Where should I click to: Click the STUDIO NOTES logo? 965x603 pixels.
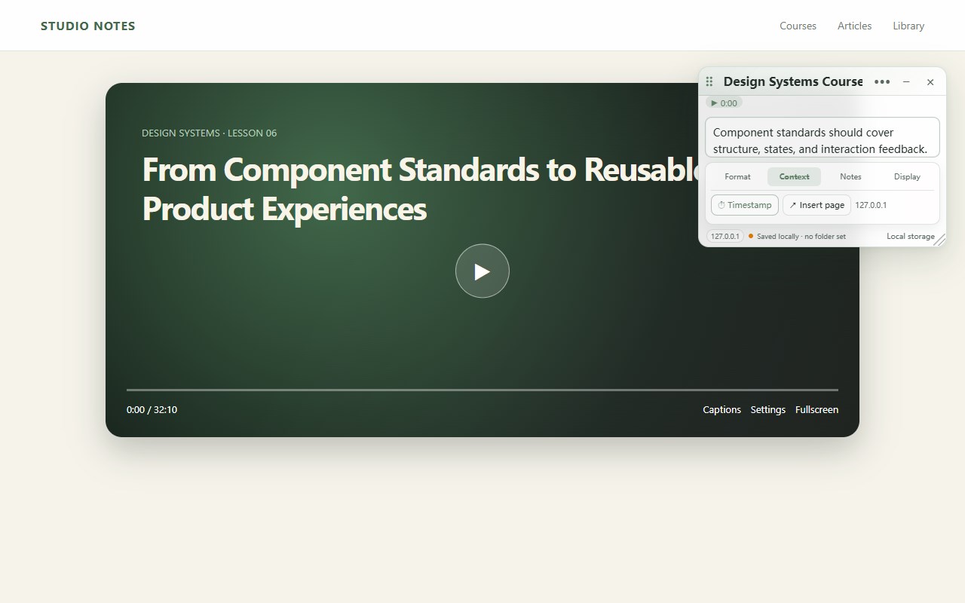[88, 26]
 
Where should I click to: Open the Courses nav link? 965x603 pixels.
[798, 26]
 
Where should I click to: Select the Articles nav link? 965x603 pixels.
[854, 26]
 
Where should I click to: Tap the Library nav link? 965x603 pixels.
[908, 26]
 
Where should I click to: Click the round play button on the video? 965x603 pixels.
[482, 271]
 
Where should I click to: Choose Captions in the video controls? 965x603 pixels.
[721, 409]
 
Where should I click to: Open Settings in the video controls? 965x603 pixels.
[767, 409]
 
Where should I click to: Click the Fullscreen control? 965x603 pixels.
[816, 409]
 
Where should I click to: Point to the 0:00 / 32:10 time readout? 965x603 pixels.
[152, 409]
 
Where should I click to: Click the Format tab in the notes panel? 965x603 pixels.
[737, 176]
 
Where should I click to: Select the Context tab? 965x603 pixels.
[794, 176]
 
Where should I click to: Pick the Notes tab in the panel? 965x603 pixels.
[850, 176]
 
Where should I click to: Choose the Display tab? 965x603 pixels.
[907, 176]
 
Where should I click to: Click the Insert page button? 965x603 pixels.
[816, 205]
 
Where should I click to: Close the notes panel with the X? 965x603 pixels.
[930, 82]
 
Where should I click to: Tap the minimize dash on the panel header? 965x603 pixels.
[906, 82]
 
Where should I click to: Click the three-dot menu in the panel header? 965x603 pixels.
[882, 82]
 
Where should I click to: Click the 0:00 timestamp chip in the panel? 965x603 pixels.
[724, 103]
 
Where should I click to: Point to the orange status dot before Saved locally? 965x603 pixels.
[751, 236]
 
